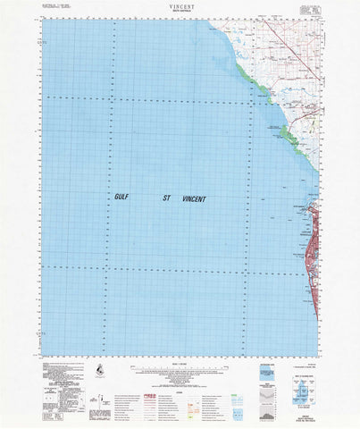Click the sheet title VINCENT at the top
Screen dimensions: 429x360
179,4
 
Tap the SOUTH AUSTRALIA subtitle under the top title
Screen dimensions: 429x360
179,11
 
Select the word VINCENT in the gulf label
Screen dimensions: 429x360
193,199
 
